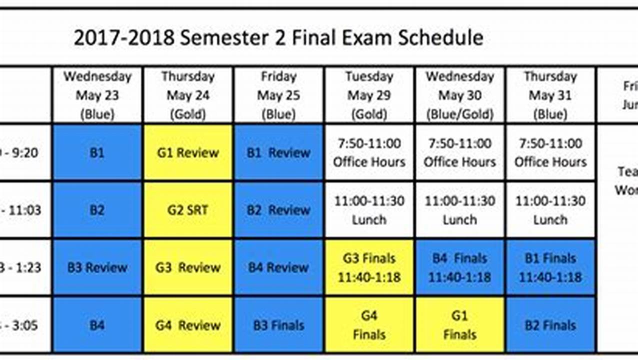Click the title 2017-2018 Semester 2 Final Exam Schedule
[x=278, y=38]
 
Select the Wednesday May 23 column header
[x=97, y=95]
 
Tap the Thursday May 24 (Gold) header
[x=187, y=95]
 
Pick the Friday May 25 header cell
[x=278, y=95]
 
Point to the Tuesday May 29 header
[x=369, y=95]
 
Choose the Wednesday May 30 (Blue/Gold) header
[x=459, y=95]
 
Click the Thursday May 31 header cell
[x=550, y=95]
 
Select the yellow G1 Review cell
[x=187, y=152]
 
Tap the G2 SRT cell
[x=187, y=210]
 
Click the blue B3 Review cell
[x=97, y=267]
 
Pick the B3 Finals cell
[x=278, y=325]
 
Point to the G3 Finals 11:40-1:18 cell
[x=369, y=267]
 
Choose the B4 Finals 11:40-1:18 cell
[x=459, y=267]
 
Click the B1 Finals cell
[x=550, y=267]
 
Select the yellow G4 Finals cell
[x=369, y=325]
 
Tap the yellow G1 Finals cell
[x=459, y=325]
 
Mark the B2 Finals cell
[x=550, y=325]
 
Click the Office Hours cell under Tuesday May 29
[x=369, y=152]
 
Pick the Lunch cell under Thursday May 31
[x=550, y=210]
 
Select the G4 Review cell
[x=187, y=325]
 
